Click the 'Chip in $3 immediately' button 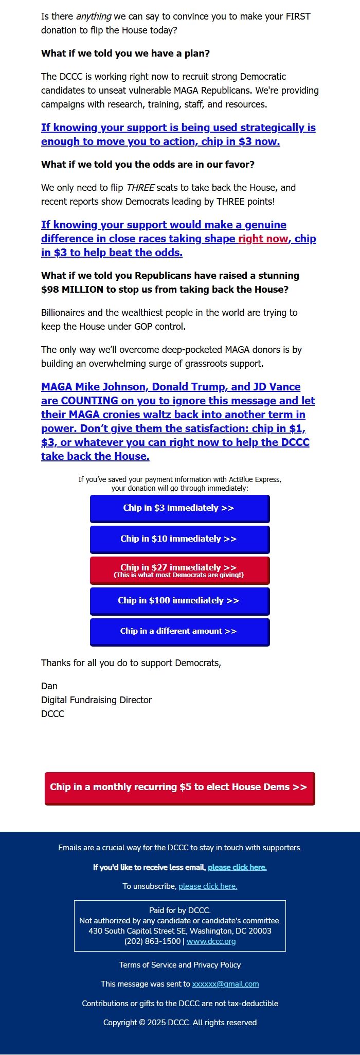pos(179,508)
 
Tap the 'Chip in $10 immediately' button pos(179,539)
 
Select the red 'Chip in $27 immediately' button pos(179,570)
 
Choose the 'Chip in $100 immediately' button pos(179,601)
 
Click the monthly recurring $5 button pos(179,788)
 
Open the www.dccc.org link pos(211,941)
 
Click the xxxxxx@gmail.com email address pos(225,984)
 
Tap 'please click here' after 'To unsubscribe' pos(208,886)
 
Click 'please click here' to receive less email pos(237,867)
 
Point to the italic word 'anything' pos(94,16)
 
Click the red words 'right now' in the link pos(262,239)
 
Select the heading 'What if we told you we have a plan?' pos(125,53)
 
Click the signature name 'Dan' pos(49,686)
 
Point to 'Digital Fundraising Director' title pos(96,700)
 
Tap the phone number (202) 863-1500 pos(152,941)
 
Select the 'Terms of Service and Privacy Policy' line pos(180,965)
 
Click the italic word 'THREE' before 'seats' pos(140,188)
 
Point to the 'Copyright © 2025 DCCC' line pos(180,1023)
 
